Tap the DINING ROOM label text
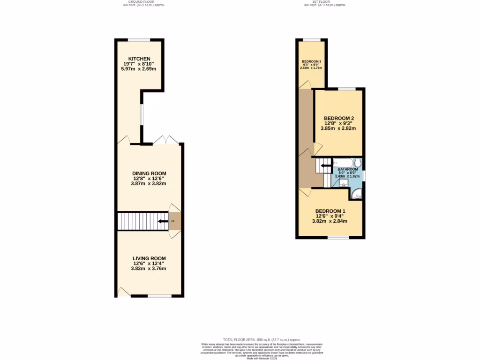(x=149, y=173)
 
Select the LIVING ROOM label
(x=149, y=258)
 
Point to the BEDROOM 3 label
(x=311, y=62)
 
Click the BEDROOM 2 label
(x=338, y=118)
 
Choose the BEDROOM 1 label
(x=330, y=211)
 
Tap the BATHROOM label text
(x=348, y=169)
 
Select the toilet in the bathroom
(x=358, y=163)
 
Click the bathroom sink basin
(x=343, y=183)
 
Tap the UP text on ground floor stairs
(x=172, y=221)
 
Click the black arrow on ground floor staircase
(x=163, y=221)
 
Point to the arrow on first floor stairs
(x=325, y=165)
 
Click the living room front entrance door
(x=124, y=292)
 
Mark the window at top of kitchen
(x=140, y=40)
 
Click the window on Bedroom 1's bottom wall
(x=338, y=238)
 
